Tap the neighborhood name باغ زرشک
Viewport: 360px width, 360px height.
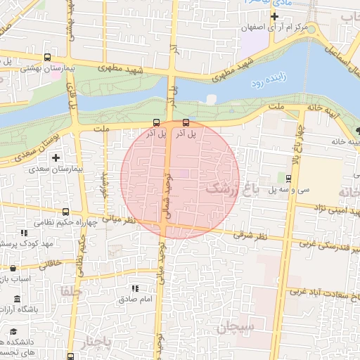pos(232,189)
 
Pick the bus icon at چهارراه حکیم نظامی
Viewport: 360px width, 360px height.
pos(66,211)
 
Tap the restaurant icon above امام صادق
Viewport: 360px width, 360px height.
pos(135,288)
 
